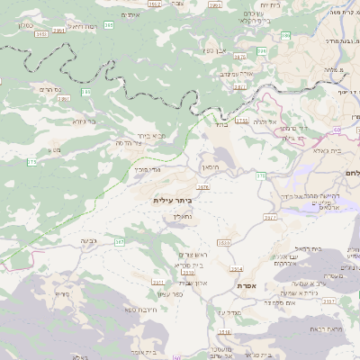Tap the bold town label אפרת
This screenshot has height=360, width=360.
[249, 285]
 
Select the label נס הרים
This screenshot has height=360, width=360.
[51, 89]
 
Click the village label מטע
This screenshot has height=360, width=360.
[56, 148]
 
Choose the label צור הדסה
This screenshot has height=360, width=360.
[132, 143]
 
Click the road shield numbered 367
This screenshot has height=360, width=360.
[120, 242]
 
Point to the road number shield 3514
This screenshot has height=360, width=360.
[236, 268]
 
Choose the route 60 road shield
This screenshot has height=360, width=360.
[262, 175]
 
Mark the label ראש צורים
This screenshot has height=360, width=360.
[192, 256]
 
